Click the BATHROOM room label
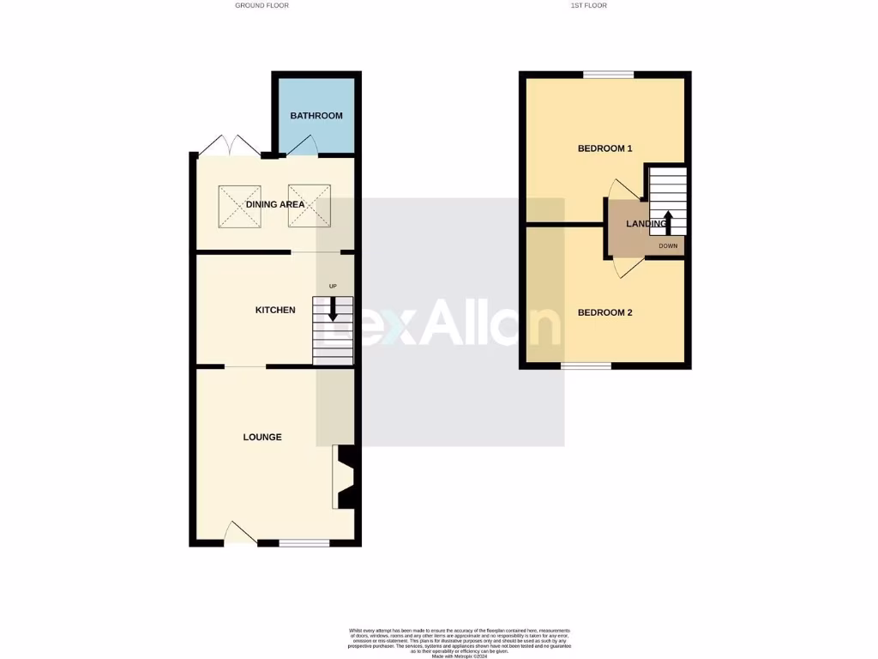tap(316, 116)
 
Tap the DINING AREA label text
tap(275, 204)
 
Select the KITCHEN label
tap(275, 310)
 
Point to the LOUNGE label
tap(262, 437)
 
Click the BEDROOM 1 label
tap(604, 148)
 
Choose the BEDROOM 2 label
tap(604, 312)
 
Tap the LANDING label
tap(646, 224)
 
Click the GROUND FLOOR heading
tap(262, 5)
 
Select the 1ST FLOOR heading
tap(588, 5)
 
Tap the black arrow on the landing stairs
tap(667, 221)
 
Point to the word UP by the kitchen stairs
tap(333, 286)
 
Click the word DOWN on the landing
tap(668, 246)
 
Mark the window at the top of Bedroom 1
tap(609, 75)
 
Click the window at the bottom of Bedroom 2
tap(586, 366)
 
